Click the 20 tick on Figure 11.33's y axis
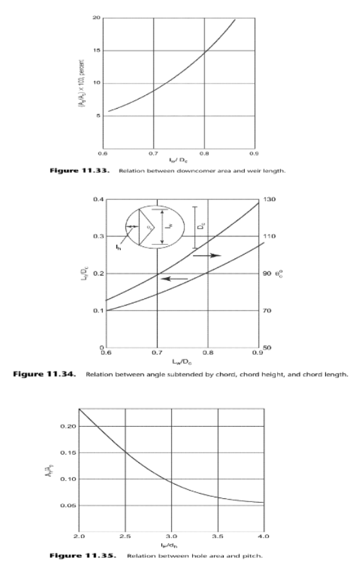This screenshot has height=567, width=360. pos(96,18)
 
